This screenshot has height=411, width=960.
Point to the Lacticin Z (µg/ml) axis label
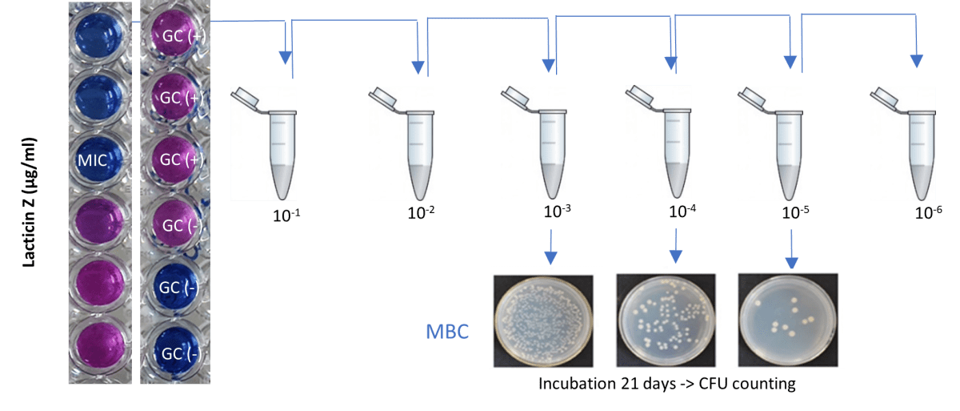(30, 203)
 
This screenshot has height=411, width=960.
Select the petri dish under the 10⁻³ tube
(543, 320)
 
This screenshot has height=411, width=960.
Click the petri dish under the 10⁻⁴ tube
(666, 320)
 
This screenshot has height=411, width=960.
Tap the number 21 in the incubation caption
(614, 385)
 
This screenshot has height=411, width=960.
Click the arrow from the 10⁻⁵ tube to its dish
(790, 248)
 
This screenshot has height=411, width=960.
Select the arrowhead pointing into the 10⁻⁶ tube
(917, 61)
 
